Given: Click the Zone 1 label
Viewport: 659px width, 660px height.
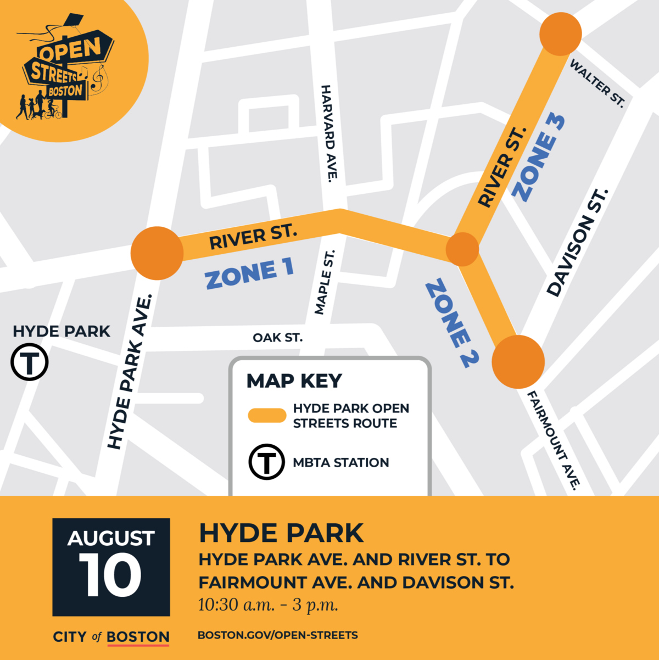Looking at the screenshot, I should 250,273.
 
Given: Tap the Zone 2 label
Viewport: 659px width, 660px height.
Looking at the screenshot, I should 452,323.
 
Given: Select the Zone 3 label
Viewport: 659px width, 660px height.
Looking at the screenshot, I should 538,158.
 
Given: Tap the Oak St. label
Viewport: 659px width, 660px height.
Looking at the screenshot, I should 277,338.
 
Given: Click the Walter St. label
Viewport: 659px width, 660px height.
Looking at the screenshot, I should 597,83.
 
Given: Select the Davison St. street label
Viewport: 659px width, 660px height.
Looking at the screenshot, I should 578,243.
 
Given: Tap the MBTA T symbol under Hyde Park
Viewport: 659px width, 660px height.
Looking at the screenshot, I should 30,362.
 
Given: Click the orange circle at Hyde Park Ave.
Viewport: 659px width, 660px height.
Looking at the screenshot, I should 157,253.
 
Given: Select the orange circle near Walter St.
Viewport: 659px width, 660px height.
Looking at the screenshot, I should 560,35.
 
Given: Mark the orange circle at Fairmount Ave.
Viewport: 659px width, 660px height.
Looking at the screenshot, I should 518,362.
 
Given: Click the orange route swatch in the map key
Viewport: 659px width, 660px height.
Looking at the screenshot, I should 267,416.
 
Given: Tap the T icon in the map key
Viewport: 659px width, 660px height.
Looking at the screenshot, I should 267,462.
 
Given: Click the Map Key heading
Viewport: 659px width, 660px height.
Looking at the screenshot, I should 294,381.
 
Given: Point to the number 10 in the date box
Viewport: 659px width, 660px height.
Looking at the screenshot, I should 110,575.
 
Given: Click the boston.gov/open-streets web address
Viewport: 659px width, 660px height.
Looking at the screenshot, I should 277,635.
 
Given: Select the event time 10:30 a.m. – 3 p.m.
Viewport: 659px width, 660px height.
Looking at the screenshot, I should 268,605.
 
